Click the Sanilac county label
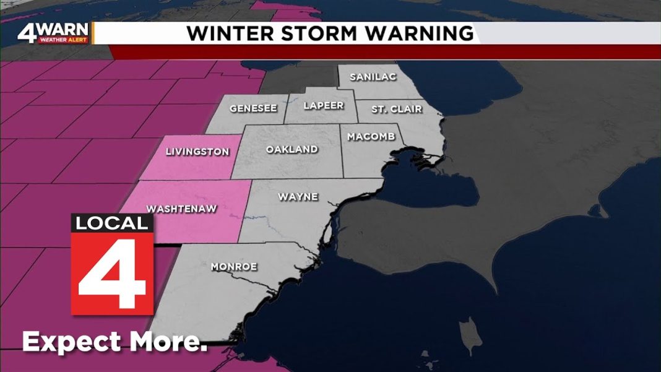coord(370,77)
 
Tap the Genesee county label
coord(253,108)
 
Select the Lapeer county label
coord(324,106)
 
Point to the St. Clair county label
coord(397,109)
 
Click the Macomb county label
coord(371,136)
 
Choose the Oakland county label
coord(292,149)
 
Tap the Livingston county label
coord(197,151)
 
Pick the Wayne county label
coord(298,197)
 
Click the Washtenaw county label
coord(181,209)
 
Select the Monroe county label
coord(233,267)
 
